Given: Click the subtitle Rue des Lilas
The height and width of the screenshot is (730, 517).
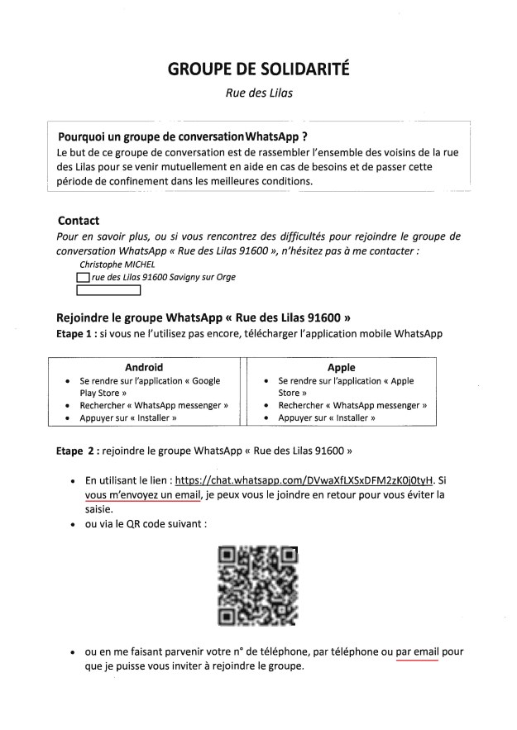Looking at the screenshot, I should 258,94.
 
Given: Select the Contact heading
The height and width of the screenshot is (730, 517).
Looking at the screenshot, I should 79,221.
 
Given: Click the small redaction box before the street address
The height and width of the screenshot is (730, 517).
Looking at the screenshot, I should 83,278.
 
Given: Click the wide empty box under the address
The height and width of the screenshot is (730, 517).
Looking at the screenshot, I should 108,290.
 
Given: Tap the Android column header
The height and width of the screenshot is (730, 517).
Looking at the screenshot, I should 144,367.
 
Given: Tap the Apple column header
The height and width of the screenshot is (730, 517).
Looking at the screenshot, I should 342,367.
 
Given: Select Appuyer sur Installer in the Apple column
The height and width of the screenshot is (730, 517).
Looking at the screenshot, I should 327,418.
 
